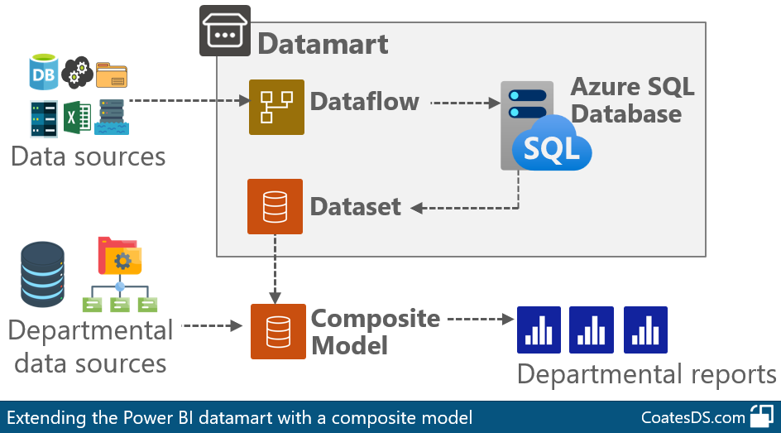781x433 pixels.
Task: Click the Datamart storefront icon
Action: tap(225, 31)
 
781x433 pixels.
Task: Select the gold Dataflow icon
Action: tap(276, 107)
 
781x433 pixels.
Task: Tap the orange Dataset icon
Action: tap(275, 206)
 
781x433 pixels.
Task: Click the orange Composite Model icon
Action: tap(278, 331)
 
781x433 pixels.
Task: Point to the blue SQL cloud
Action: tap(552, 145)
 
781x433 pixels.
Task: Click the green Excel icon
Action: tap(77, 118)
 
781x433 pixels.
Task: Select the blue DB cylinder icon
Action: tap(43, 72)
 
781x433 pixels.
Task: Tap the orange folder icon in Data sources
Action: tap(112, 75)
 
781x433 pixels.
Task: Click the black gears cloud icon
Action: tap(77, 72)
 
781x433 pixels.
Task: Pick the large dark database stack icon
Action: tap(42, 274)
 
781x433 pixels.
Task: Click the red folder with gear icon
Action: tap(120, 256)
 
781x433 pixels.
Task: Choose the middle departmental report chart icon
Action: tap(592, 330)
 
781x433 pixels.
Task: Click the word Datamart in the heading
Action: tap(323, 44)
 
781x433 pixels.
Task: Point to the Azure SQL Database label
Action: tap(632, 100)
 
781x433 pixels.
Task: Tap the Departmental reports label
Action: tap(646, 375)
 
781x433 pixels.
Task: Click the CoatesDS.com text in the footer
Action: tap(692, 417)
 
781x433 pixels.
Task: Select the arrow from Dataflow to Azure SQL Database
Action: tap(465, 103)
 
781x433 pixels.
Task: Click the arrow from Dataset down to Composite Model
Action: tap(275, 269)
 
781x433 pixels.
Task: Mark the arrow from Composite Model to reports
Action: tap(481, 319)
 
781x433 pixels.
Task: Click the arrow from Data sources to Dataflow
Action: tap(189, 101)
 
